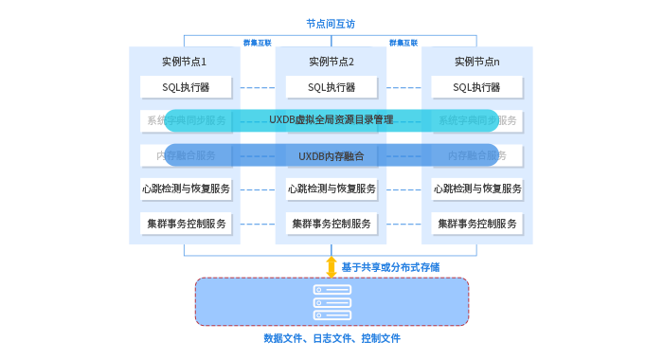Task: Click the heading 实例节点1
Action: tap(185, 62)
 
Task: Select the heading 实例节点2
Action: tap(331, 62)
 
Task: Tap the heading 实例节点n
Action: tap(476, 62)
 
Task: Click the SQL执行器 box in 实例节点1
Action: tap(186, 87)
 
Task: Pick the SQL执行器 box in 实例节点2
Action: tap(331, 87)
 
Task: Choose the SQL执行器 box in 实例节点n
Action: tap(476, 87)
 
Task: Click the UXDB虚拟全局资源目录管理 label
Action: tap(331, 120)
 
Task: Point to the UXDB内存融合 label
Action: tap(331, 155)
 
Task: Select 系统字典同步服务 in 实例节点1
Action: tap(186, 121)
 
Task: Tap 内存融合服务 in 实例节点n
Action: tap(476, 155)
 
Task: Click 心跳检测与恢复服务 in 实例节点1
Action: tap(186, 189)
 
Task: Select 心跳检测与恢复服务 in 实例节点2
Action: tap(331, 189)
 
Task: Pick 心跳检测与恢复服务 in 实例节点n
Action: tap(477, 189)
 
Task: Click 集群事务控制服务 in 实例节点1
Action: tap(186, 225)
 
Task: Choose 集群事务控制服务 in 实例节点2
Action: tap(331, 225)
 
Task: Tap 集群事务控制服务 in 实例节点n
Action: tap(477, 225)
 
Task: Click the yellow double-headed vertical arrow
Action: tap(331, 266)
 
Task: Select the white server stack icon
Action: tap(331, 301)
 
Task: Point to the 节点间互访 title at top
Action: tap(331, 23)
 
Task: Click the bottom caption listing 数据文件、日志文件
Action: tap(331, 338)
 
